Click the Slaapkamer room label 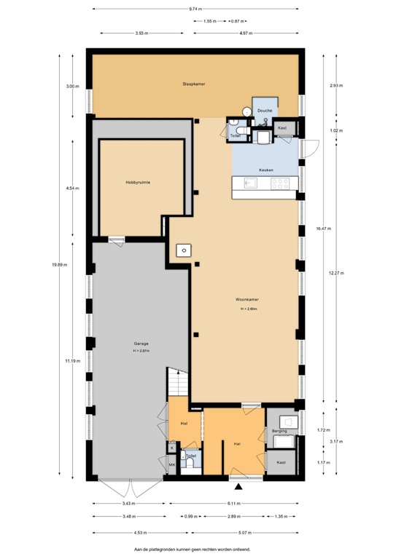pyautogui.click(x=193, y=84)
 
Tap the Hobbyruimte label pyautogui.click(x=137, y=183)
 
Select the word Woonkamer pyautogui.click(x=249, y=299)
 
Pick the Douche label pyautogui.click(x=265, y=111)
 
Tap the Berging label pyautogui.click(x=279, y=432)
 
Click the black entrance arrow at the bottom pyautogui.click(x=239, y=486)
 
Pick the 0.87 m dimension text pyautogui.click(x=235, y=21)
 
